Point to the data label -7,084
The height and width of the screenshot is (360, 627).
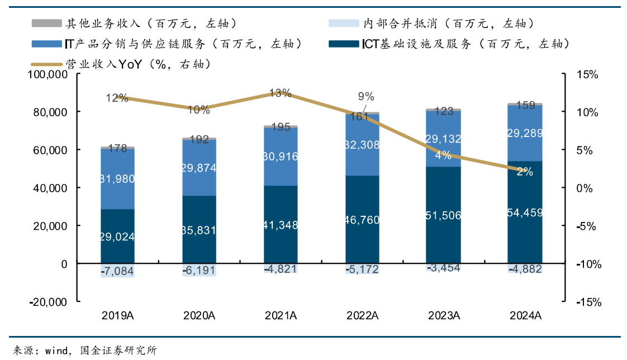[x=117, y=272]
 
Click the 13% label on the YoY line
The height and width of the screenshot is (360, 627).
[x=281, y=93]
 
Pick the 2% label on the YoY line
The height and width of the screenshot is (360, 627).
[x=525, y=172]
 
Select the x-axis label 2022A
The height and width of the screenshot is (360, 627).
[x=362, y=316]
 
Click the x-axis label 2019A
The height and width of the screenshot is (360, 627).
[x=117, y=316]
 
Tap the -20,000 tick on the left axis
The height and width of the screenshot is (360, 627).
[x=48, y=302]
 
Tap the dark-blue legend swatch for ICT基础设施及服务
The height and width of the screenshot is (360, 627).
[x=343, y=44]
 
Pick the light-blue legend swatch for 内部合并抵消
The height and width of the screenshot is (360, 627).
[x=343, y=24]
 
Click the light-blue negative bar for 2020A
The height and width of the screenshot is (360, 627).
[x=199, y=270]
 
